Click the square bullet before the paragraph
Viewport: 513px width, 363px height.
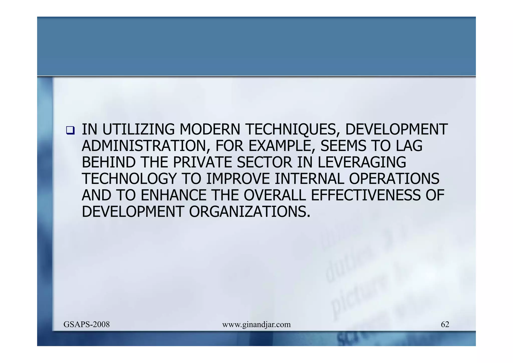coord(70,130)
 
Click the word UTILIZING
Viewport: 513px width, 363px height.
coord(138,129)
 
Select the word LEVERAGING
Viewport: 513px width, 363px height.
coord(362,162)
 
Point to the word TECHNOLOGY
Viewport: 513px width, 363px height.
coord(129,179)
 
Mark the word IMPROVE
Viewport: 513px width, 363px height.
coord(238,179)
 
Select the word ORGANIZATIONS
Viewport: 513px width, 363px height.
coord(249,212)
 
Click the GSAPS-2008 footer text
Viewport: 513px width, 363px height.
coord(86,325)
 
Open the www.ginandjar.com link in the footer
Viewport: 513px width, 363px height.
coord(256,325)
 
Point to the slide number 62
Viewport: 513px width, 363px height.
coord(445,325)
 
